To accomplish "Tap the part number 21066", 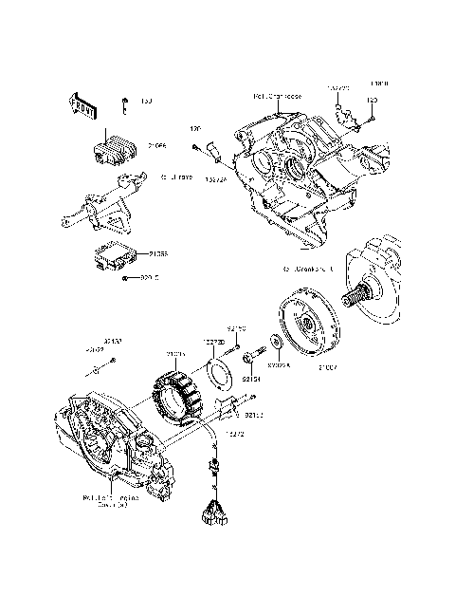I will point(157,145).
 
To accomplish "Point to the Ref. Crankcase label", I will point(277,96).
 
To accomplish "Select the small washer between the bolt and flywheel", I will point(274,341).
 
